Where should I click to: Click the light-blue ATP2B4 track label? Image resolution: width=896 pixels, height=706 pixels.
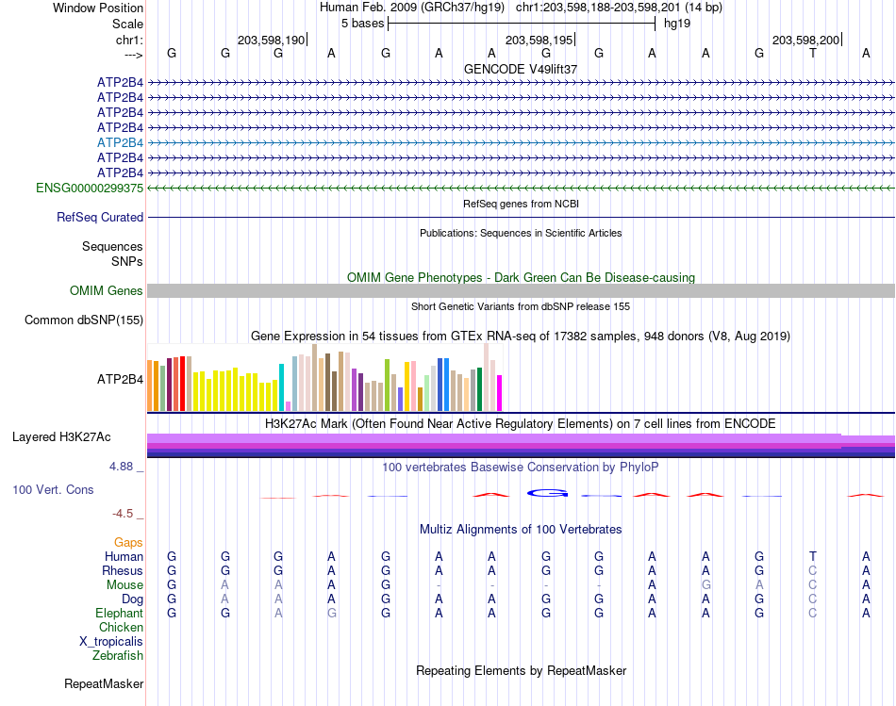tap(120, 142)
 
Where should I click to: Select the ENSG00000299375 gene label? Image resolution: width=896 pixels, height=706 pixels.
tap(90, 188)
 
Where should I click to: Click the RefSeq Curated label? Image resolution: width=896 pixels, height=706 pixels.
tap(100, 217)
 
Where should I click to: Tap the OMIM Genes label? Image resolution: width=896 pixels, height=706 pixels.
tap(107, 290)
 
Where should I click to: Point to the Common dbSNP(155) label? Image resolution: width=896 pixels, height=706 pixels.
tap(84, 320)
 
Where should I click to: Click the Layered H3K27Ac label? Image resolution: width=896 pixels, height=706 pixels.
tap(61, 437)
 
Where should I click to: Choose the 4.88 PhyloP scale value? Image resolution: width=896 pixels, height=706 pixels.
tap(121, 466)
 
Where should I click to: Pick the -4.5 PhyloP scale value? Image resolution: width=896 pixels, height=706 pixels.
tap(123, 514)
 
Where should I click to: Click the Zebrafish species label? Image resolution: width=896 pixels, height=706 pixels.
tap(118, 655)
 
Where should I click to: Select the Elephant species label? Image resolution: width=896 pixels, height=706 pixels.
tap(120, 613)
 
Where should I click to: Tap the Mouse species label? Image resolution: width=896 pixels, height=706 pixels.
tap(124, 585)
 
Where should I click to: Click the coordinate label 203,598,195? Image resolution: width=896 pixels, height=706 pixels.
tap(539, 40)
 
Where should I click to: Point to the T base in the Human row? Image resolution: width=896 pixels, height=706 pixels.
tap(813, 556)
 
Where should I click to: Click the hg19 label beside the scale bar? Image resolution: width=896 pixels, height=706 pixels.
tap(677, 24)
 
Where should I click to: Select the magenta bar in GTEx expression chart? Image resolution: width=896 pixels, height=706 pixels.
tap(500, 393)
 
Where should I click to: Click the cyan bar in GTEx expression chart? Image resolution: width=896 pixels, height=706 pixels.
tap(281, 387)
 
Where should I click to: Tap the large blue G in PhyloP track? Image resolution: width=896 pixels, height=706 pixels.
tap(547, 493)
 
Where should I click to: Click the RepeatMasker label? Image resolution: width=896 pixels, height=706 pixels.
tap(104, 683)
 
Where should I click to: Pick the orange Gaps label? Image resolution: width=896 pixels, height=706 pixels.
tap(128, 542)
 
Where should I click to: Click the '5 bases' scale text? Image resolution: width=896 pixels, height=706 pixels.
tap(363, 24)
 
